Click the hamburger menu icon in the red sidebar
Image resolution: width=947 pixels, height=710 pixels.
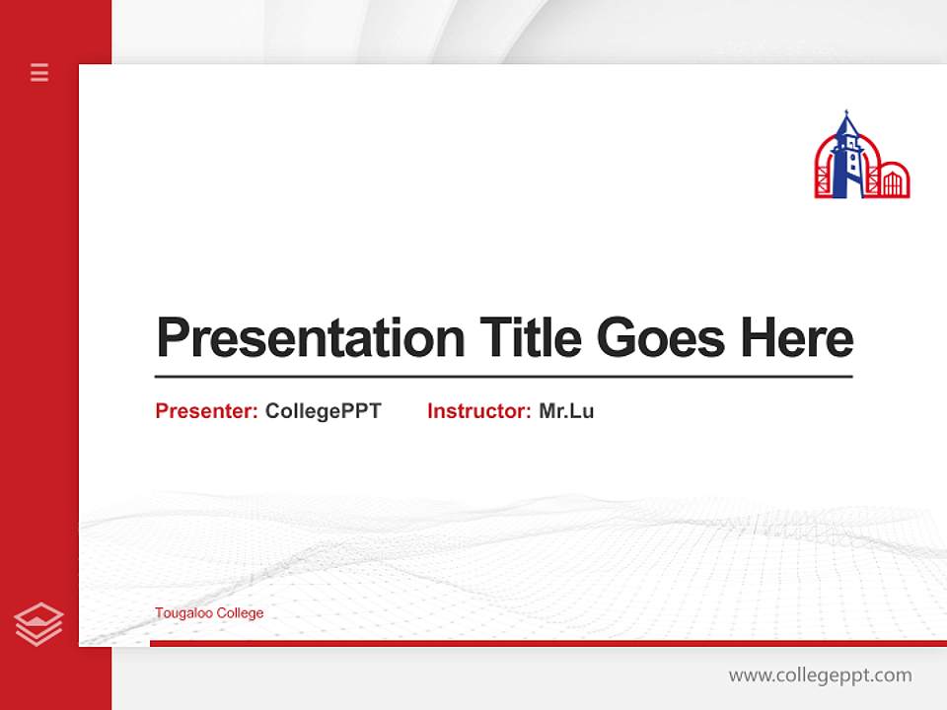39,72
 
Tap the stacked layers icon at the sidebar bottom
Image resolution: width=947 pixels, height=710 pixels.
38,624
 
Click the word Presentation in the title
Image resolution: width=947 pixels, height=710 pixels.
310,339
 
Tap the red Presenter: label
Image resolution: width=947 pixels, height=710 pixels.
206,411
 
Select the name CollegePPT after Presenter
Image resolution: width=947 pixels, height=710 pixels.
323,411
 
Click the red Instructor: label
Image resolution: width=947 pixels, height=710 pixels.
478,411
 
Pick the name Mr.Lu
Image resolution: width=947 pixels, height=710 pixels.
566,411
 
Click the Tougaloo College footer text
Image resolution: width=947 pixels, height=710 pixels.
209,613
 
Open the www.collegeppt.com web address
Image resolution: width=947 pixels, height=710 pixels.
820,675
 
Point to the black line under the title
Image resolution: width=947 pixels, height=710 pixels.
503,377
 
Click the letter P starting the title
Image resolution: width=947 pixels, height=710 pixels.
172,339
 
